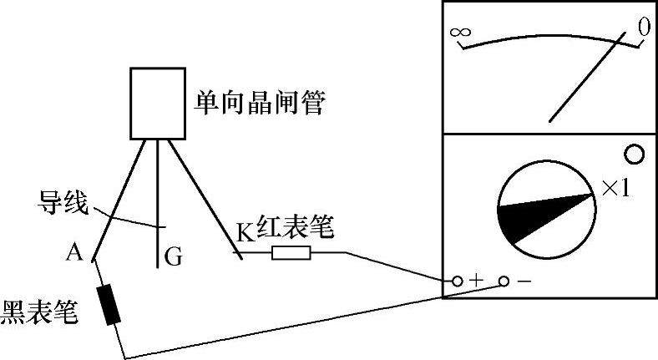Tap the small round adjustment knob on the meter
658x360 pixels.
pyautogui.click(x=634, y=154)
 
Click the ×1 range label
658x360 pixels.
pyautogui.click(x=615, y=190)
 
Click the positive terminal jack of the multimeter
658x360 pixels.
pyautogui.click(x=458, y=281)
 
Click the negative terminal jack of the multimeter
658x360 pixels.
pyautogui.click(x=504, y=281)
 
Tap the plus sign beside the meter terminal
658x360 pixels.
pyautogui.click(x=476, y=281)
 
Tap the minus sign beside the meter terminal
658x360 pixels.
pyautogui.click(x=524, y=281)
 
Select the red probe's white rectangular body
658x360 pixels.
pyautogui.click(x=291, y=252)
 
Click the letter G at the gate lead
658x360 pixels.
pyautogui.click(x=173, y=258)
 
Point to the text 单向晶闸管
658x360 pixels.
pyautogui.click(x=259, y=104)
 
